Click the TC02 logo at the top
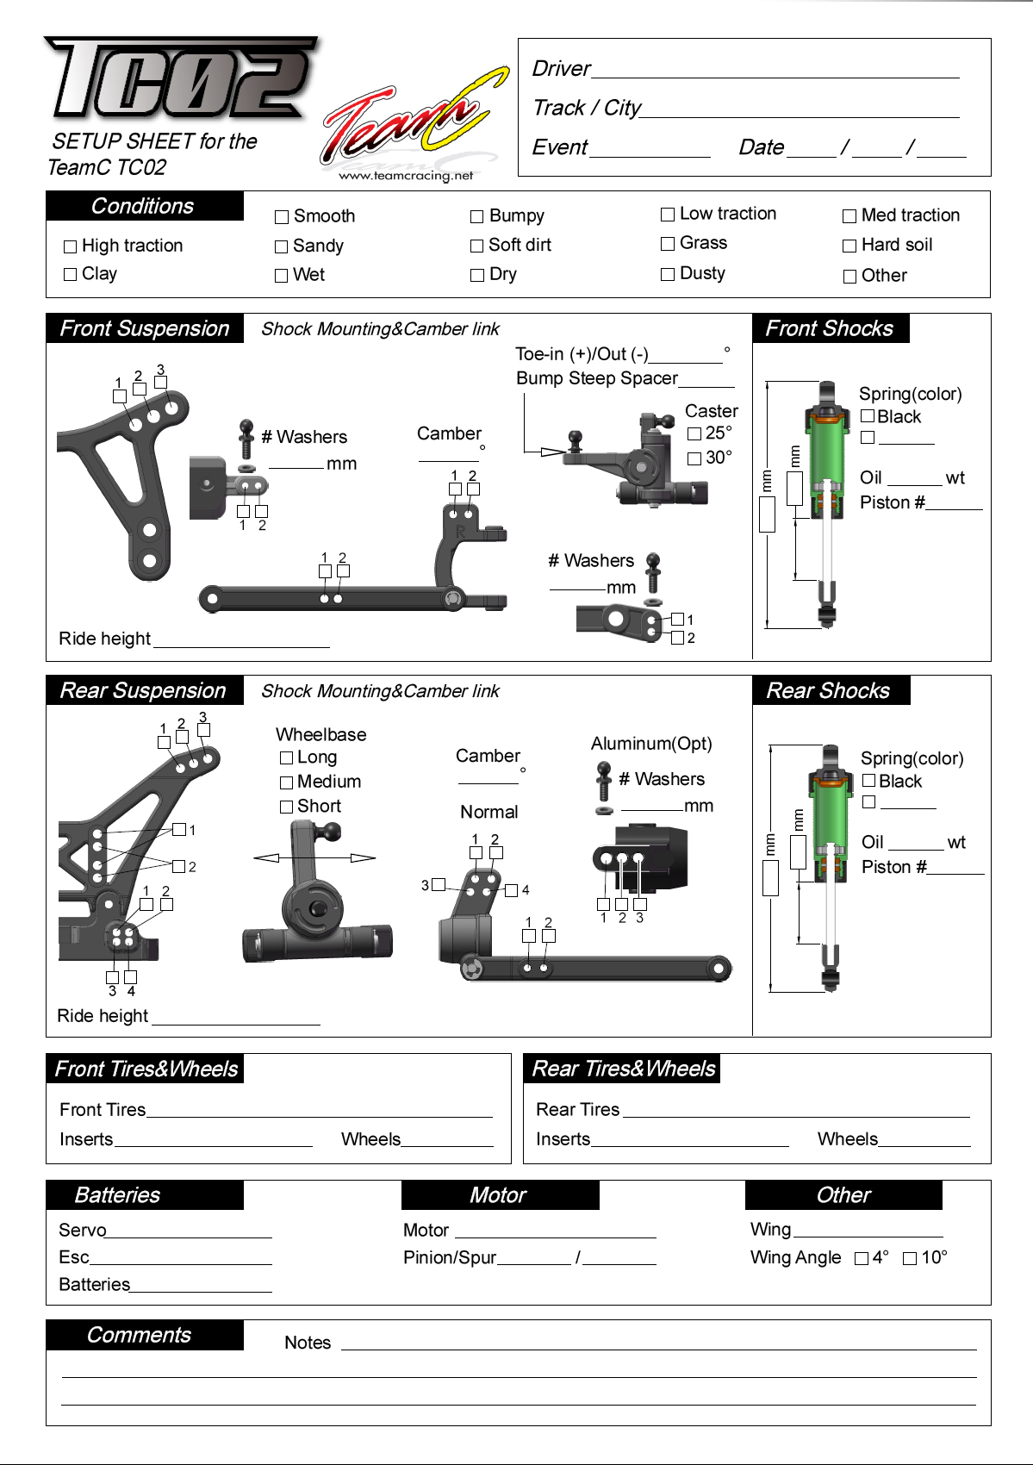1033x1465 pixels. pos(181,78)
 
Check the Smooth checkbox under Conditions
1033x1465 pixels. pos(282,217)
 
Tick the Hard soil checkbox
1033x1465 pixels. pos(849,246)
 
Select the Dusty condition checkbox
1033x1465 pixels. pos(668,274)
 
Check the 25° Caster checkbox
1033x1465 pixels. pos(694,434)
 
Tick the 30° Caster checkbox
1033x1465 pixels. pos(694,459)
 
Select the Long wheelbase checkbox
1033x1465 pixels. pos(287,758)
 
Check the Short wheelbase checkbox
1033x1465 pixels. pos(287,807)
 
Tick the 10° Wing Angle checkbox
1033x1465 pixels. pos(910,1259)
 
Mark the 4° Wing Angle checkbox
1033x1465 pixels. pos(861,1259)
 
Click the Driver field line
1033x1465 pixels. pos(775,71)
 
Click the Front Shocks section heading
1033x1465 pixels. pos(831,328)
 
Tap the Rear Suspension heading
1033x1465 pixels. pos(144,690)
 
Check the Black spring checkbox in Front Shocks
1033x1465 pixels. pos(868,417)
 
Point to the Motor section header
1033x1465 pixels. pos(499,1195)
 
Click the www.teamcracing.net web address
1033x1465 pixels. pos(406,176)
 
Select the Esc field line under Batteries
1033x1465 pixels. pos(181,1258)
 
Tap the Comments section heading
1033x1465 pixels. pos(140,1335)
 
